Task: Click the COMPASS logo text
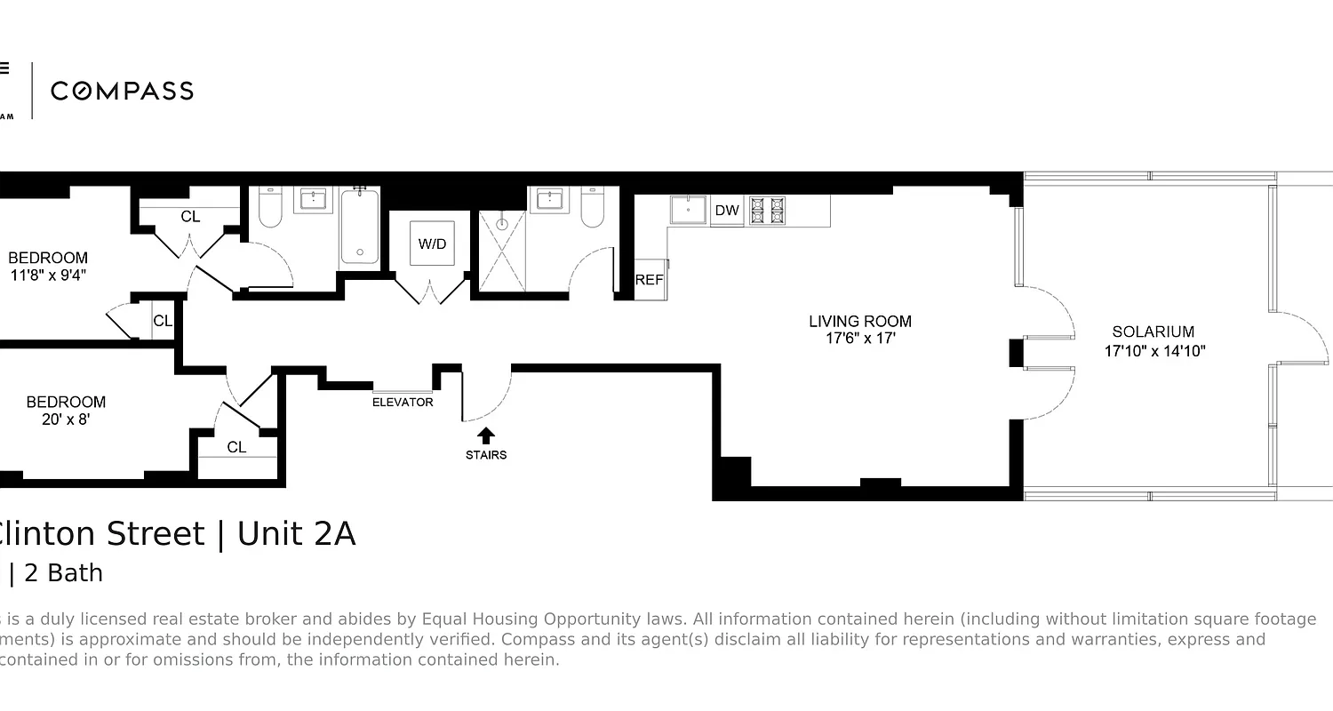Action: click(122, 91)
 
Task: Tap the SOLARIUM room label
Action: click(1153, 332)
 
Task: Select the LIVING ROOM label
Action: click(859, 322)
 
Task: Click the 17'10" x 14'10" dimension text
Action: click(1154, 351)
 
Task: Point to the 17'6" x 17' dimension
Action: click(859, 339)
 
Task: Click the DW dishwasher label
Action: click(727, 211)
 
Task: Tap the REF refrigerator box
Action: click(650, 279)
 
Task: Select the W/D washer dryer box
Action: click(432, 244)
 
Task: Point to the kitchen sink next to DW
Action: click(688, 210)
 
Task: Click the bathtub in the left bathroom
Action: click(359, 226)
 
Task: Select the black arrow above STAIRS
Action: click(486, 435)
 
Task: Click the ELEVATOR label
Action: click(403, 402)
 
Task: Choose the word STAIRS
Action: click(486, 455)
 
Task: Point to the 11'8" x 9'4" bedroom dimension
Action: click(48, 276)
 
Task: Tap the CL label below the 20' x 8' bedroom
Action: click(236, 447)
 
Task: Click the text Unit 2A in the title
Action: click(296, 534)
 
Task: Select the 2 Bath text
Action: click(63, 573)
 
